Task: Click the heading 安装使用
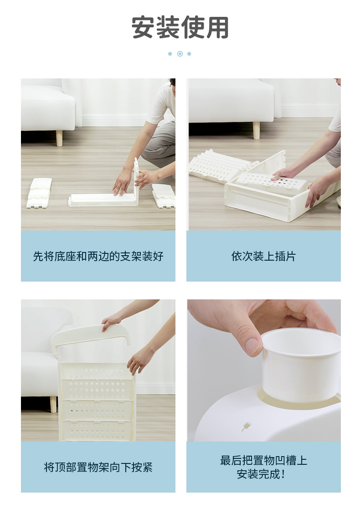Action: point(180,28)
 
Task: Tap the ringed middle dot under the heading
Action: point(180,54)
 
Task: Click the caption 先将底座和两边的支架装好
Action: point(98,256)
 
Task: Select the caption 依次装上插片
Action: point(263,256)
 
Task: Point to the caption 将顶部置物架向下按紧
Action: point(98,467)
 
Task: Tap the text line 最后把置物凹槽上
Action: point(263,460)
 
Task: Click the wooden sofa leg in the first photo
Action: point(59,138)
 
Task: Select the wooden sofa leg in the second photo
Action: point(257,130)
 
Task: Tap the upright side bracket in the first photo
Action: point(135,180)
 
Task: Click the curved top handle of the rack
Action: point(91,333)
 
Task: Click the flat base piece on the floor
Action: point(100,200)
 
